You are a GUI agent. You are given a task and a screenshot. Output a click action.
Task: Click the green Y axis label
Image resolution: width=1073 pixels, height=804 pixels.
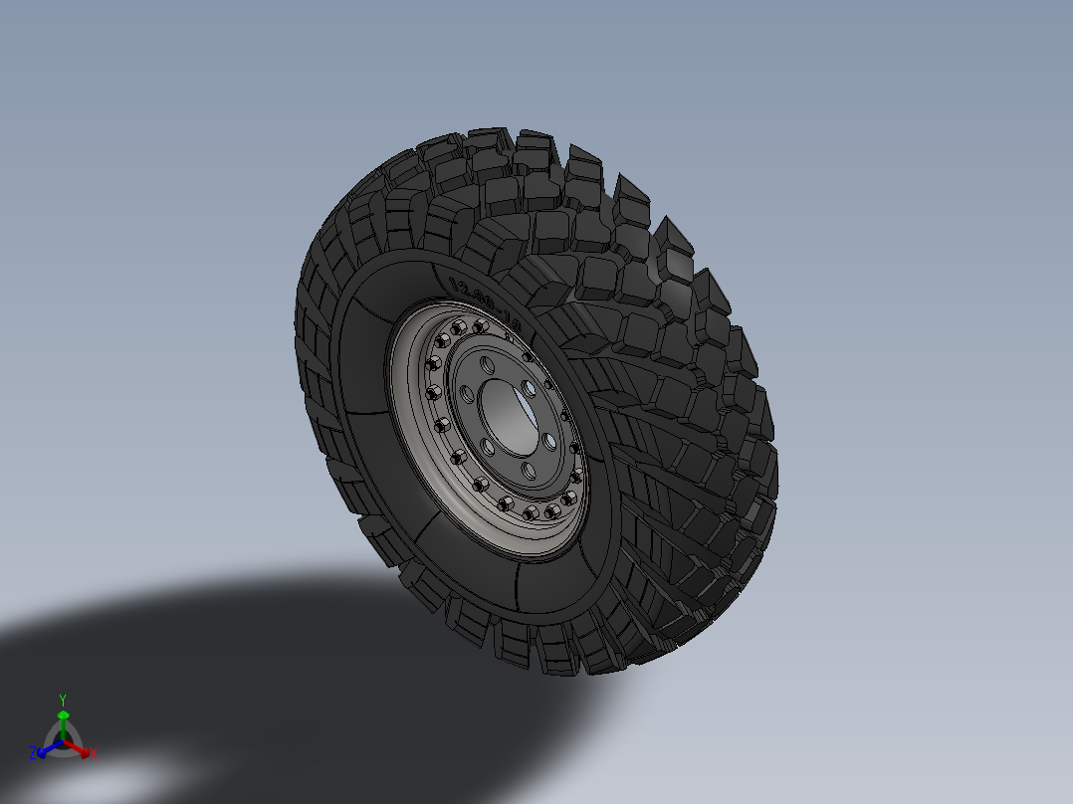coord(62,699)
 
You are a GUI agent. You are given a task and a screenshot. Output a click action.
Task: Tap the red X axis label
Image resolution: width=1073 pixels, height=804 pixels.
coord(94,754)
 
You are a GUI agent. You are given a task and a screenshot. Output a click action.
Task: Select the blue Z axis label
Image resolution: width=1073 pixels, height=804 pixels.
coord(33,752)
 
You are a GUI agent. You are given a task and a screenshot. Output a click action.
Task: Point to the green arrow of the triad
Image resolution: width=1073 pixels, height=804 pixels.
coord(63,718)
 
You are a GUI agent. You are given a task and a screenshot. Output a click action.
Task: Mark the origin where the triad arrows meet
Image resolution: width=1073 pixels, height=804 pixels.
coord(63,741)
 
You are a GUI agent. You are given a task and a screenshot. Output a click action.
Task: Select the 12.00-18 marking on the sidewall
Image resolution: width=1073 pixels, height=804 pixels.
coord(486,302)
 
